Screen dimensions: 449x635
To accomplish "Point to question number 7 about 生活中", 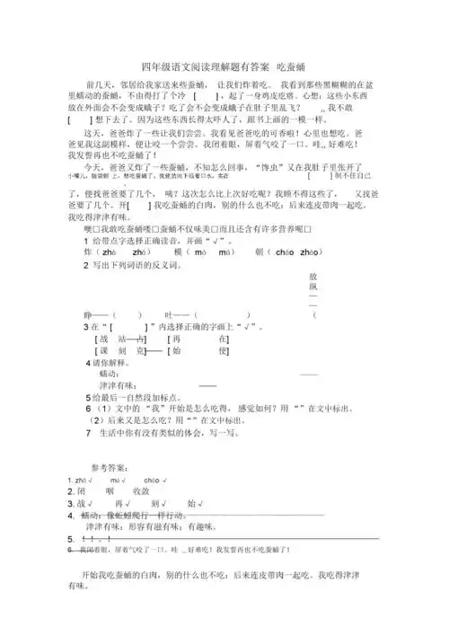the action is click(x=85, y=433).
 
